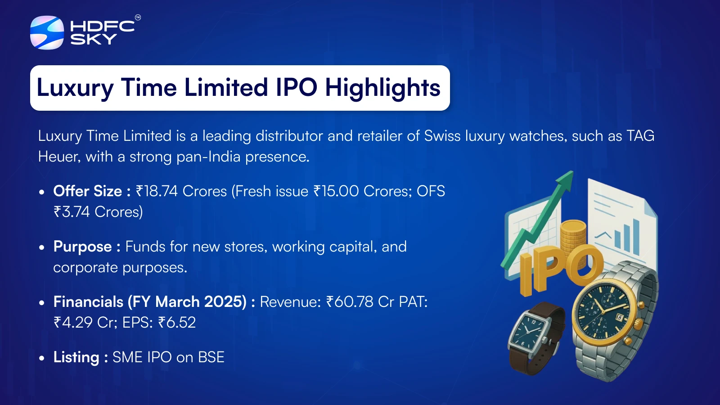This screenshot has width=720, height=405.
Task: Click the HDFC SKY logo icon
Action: pos(47,32)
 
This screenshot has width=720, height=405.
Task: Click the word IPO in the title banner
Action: pos(297,87)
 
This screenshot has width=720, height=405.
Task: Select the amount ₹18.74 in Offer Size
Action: pos(157,191)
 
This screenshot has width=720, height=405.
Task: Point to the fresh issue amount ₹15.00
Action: pos(336,191)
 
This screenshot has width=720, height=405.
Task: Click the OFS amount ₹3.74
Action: pos(72,212)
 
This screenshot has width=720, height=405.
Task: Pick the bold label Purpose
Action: pos(83,247)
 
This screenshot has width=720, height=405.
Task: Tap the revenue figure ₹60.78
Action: pos(350,302)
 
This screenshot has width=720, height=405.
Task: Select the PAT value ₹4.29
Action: pos(73,322)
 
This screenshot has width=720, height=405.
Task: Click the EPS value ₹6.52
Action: pos(177,322)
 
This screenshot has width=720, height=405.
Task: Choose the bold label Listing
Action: pos(76,358)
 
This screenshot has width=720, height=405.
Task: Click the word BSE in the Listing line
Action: pos(211,357)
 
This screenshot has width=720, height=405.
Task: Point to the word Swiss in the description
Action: pos(442,136)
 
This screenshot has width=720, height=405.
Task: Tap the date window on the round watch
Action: pos(619,318)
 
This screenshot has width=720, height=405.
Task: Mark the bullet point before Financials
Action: pos(41,302)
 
